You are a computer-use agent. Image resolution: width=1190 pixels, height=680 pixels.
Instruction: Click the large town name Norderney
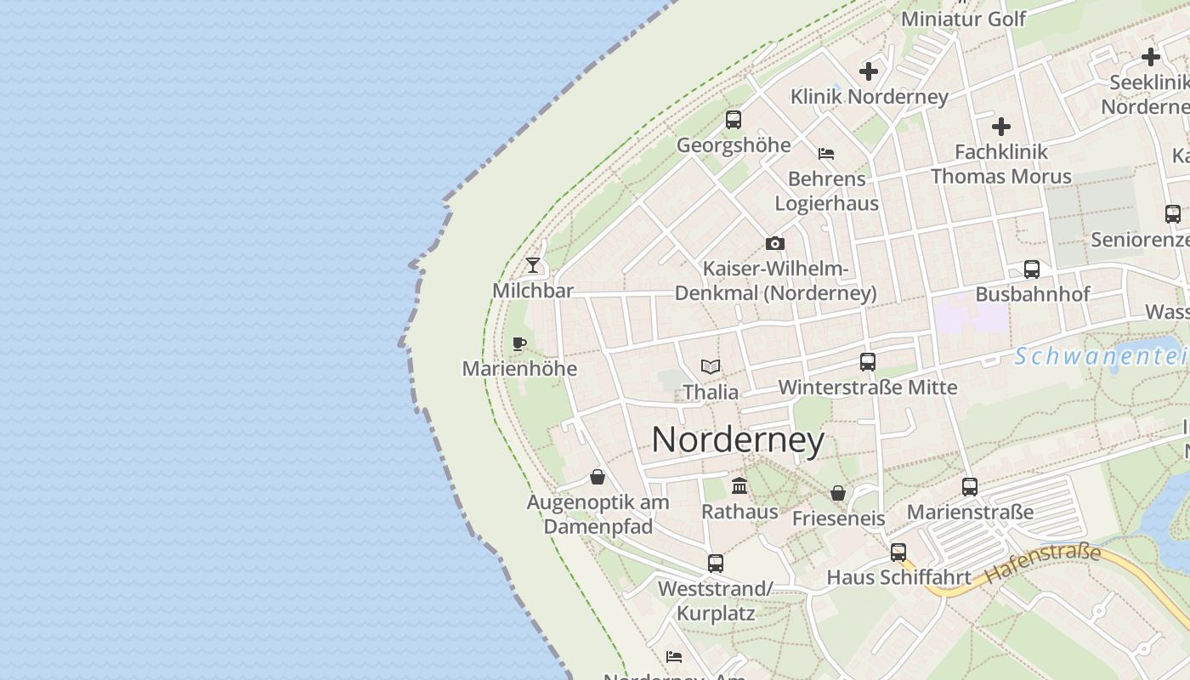tap(738, 440)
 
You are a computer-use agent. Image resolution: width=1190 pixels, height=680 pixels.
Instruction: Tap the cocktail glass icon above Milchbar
tap(533, 265)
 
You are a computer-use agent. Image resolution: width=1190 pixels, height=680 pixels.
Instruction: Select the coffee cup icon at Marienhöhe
tap(519, 343)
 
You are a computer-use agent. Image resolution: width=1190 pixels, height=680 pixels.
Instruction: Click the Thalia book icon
tap(711, 367)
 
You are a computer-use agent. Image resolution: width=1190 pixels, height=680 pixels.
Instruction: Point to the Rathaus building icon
tap(739, 486)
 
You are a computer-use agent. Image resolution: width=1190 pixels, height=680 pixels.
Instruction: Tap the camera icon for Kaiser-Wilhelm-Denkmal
tap(774, 244)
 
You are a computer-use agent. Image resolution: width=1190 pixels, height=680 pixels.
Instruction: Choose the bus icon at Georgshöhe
tap(733, 120)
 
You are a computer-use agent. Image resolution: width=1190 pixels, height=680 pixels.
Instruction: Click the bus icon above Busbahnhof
tap(1032, 269)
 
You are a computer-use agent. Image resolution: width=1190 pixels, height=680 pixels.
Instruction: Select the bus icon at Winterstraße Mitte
tap(867, 362)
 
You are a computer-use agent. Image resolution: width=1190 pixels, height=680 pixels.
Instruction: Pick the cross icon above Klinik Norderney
tap(869, 71)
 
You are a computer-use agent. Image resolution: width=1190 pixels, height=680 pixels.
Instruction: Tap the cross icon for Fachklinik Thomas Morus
tap(1001, 127)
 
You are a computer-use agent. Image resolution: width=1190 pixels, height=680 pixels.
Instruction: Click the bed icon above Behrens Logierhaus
tap(826, 154)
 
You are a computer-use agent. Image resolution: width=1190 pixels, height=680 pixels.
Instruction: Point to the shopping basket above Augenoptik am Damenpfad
tap(598, 477)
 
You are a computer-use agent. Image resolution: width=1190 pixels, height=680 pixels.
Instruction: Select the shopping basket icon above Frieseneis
tap(838, 493)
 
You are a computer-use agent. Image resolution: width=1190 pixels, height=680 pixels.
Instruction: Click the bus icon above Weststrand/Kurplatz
tap(715, 563)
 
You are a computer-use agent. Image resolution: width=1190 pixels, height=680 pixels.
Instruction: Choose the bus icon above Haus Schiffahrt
tap(898, 552)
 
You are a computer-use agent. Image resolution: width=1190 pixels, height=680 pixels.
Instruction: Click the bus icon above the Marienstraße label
tap(970, 487)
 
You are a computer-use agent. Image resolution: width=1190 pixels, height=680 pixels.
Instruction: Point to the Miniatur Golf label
tap(963, 19)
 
